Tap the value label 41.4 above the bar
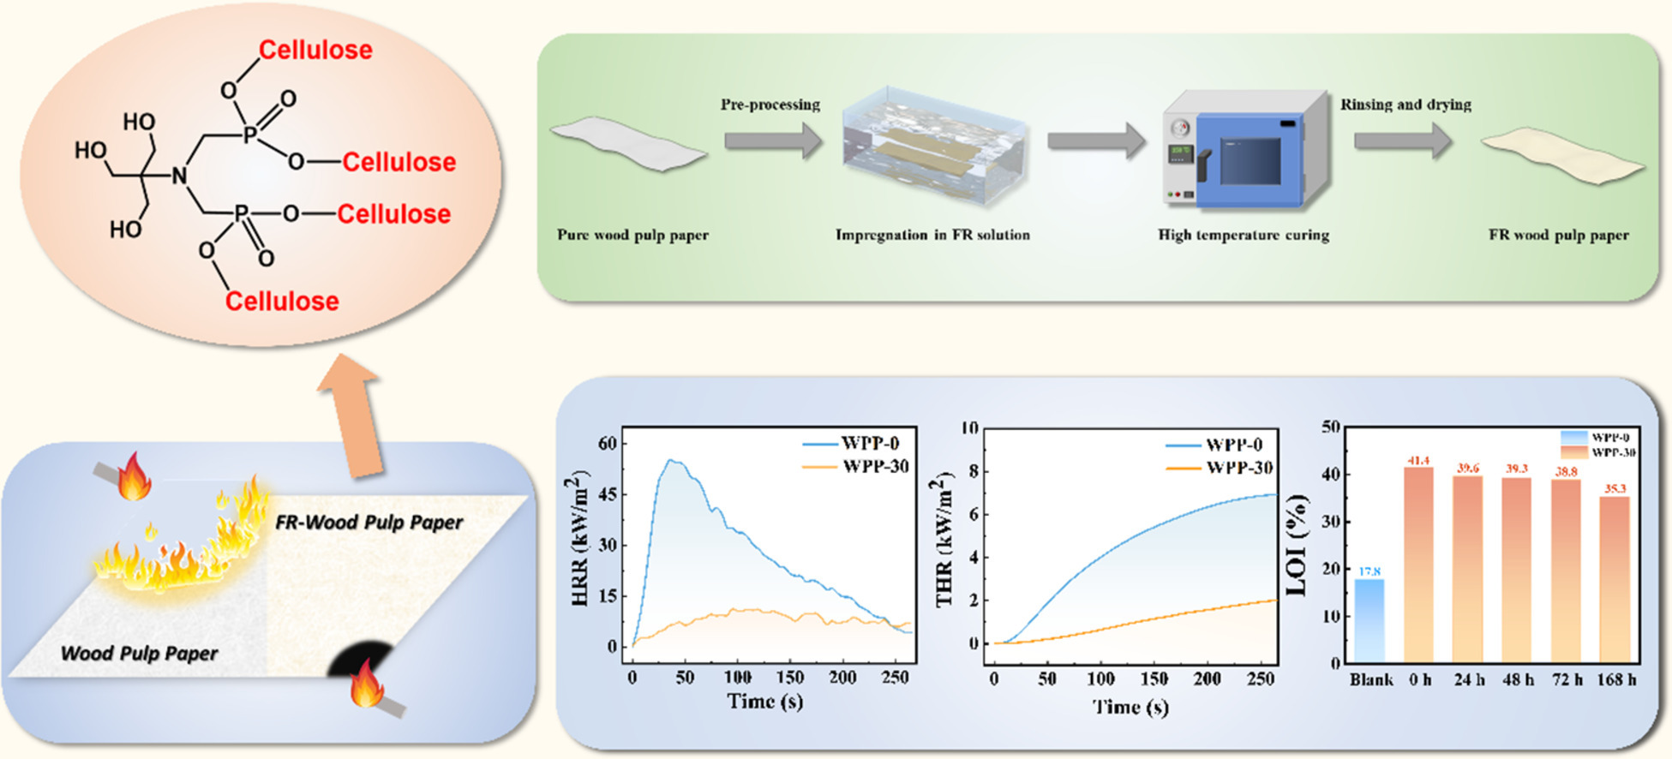[1418, 462]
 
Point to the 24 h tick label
[1468, 679]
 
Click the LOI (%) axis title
[1297, 545]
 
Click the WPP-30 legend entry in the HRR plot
[875, 466]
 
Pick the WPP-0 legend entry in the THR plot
[1234, 445]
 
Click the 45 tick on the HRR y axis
[608, 494]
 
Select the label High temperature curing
[1243, 235]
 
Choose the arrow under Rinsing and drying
[1403, 140]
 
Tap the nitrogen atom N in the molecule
[179, 176]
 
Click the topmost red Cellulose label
[315, 50]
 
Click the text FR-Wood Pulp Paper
[369, 522]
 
